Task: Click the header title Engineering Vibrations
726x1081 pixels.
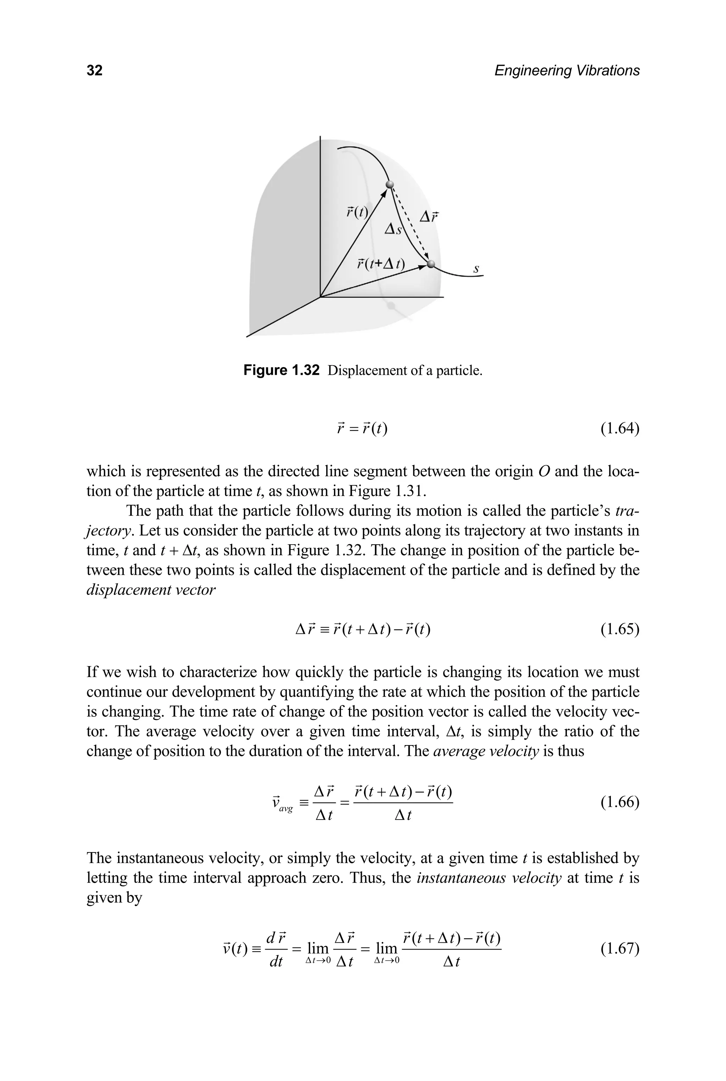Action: pyautogui.click(x=567, y=71)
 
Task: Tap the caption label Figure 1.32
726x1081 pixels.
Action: pyautogui.click(x=281, y=370)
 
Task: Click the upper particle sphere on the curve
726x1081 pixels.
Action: pyautogui.click(x=390, y=185)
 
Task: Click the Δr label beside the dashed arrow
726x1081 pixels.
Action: pyautogui.click(x=429, y=216)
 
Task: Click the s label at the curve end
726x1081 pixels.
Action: pyautogui.click(x=476, y=269)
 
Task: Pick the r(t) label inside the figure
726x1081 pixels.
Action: pyautogui.click(x=357, y=212)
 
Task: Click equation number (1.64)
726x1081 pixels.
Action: pyautogui.click(x=620, y=429)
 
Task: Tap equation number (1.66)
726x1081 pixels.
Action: pyautogui.click(x=620, y=802)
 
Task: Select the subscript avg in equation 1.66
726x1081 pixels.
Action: pyautogui.click(x=286, y=809)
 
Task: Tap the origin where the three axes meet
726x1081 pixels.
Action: pyautogui.click(x=320, y=297)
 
